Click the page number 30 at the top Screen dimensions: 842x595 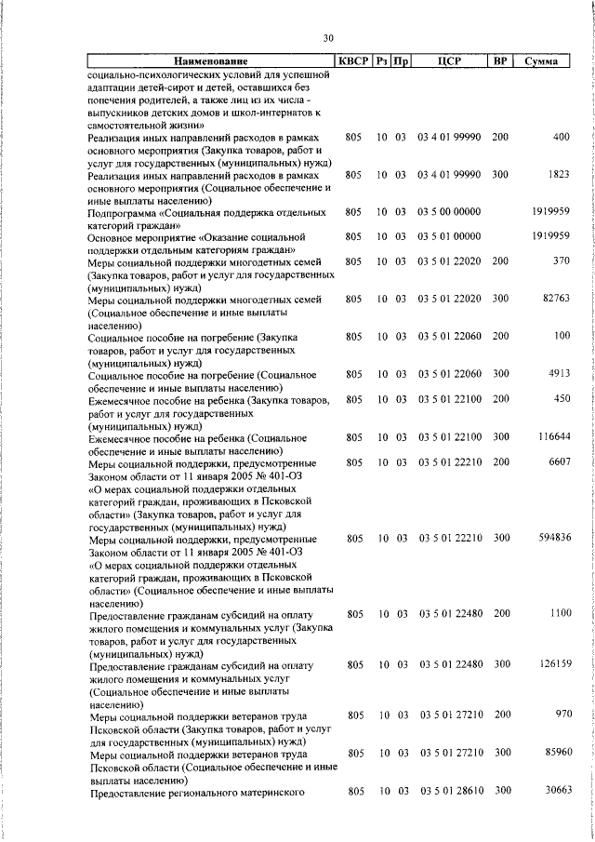point(327,38)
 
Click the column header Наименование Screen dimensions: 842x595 point(207,61)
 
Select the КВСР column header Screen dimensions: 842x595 point(353,61)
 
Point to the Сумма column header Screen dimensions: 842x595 point(541,61)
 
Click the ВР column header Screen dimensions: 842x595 point(500,61)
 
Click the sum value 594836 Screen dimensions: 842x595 point(554,539)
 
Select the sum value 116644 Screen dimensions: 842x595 point(554,436)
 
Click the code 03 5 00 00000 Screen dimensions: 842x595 point(449,212)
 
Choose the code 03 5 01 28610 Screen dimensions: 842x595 point(449,790)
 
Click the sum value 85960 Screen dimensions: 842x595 point(556,752)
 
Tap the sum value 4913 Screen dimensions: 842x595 point(560,374)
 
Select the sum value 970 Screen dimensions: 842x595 point(562,715)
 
